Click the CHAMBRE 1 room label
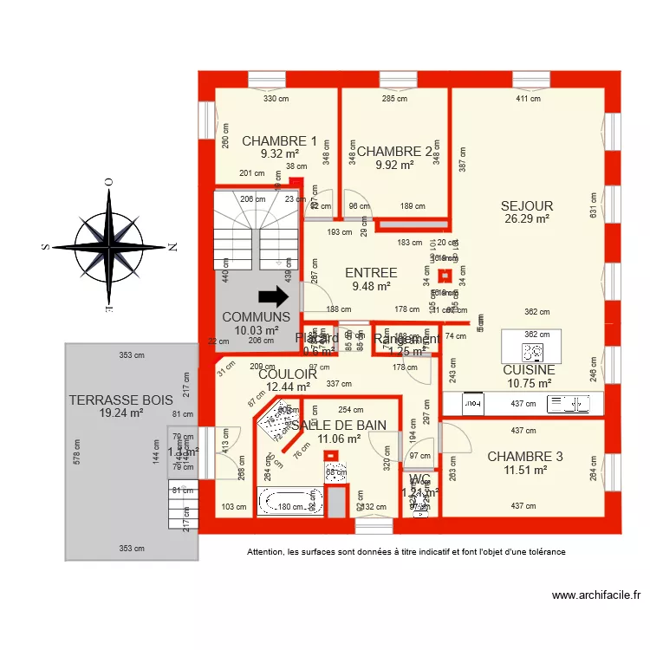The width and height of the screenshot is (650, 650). [x=279, y=140]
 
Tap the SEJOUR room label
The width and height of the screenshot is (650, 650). [x=527, y=205]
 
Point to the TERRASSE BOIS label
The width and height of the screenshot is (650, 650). [x=121, y=400]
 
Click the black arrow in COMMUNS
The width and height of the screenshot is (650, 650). [x=274, y=297]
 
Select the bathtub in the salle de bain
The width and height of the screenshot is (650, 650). [x=290, y=502]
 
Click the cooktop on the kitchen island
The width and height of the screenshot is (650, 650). [x=532, y=352]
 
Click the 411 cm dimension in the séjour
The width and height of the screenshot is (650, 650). [x=528, y=99]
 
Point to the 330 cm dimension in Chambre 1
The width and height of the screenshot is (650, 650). [x=276, y=99]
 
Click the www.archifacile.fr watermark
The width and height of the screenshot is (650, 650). [x=597, y=595]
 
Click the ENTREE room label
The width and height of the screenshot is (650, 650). [x=370, y=273]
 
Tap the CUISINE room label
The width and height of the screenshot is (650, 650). [x=528, y=369]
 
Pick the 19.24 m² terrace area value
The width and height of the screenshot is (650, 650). [x=120, y=413]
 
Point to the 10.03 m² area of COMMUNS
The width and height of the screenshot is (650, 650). [x=257, y=330]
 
